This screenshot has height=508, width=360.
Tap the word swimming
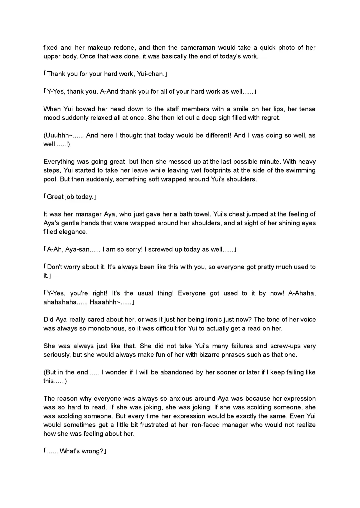[297, 171]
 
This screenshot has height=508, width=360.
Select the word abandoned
[177, 372]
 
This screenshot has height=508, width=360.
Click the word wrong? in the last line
[93, 451]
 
